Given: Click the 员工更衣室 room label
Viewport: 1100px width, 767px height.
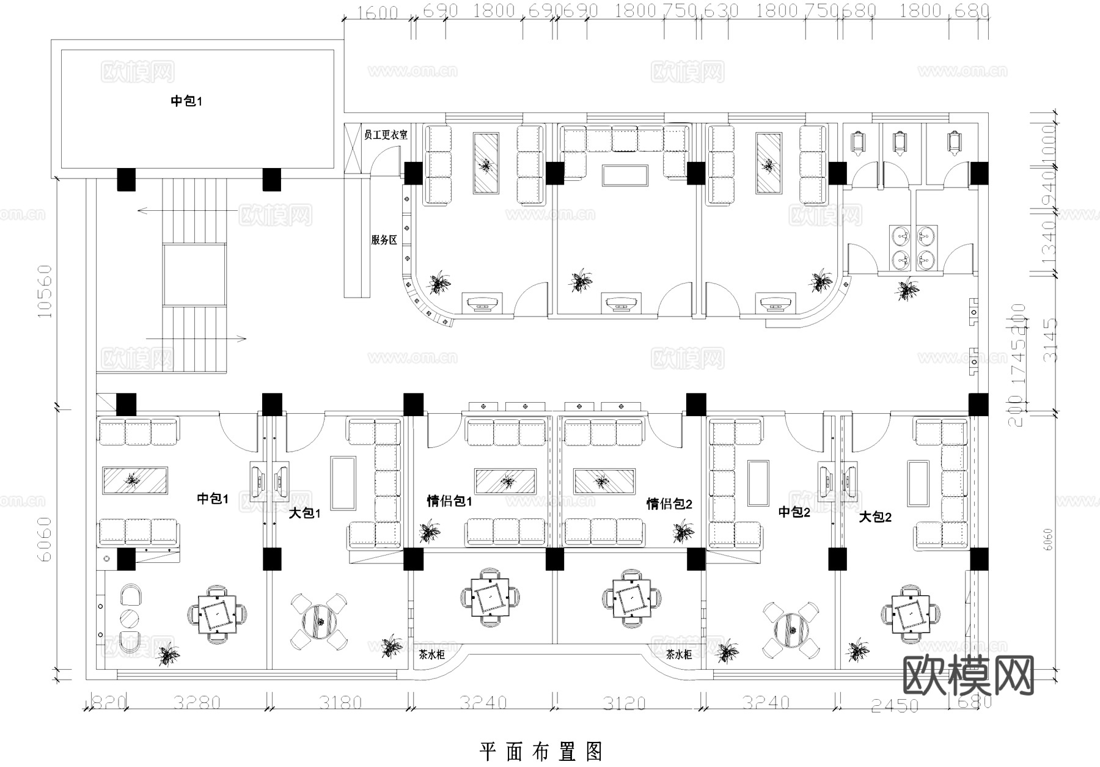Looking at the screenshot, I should tap(385, 134).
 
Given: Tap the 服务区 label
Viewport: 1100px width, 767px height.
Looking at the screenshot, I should tap(384, 240).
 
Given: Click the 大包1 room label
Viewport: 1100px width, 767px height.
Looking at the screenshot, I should tap(304, 513).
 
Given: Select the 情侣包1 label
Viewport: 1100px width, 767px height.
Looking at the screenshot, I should tap(449, 502).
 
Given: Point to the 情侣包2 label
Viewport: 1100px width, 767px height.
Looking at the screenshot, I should tap(669, 504).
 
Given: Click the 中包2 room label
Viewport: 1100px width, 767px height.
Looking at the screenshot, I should tap(794, 512).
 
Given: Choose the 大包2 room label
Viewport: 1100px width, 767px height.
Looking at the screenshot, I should tap(875, 517).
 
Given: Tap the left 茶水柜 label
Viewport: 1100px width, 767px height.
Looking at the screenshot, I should tap(431, 655).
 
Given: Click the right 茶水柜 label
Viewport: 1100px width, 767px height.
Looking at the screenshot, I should tap(678, 655).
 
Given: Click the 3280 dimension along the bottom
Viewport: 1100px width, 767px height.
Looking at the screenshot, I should tap(196, 703).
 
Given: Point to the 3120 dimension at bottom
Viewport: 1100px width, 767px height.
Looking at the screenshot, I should tap(624, 703).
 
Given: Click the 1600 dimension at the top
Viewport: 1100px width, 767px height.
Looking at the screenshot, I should tap(378, 12).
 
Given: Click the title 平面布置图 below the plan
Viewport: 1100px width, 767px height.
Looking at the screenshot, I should tap(541, 751).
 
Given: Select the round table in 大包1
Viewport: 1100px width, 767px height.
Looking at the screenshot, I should tap(320, 622).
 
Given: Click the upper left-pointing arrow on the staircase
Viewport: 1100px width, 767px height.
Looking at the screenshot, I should tap(186, 211).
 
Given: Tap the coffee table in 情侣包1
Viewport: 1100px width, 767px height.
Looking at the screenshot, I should tap(506, 482).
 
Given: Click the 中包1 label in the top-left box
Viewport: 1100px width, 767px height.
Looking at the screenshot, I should tap(186, 101).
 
